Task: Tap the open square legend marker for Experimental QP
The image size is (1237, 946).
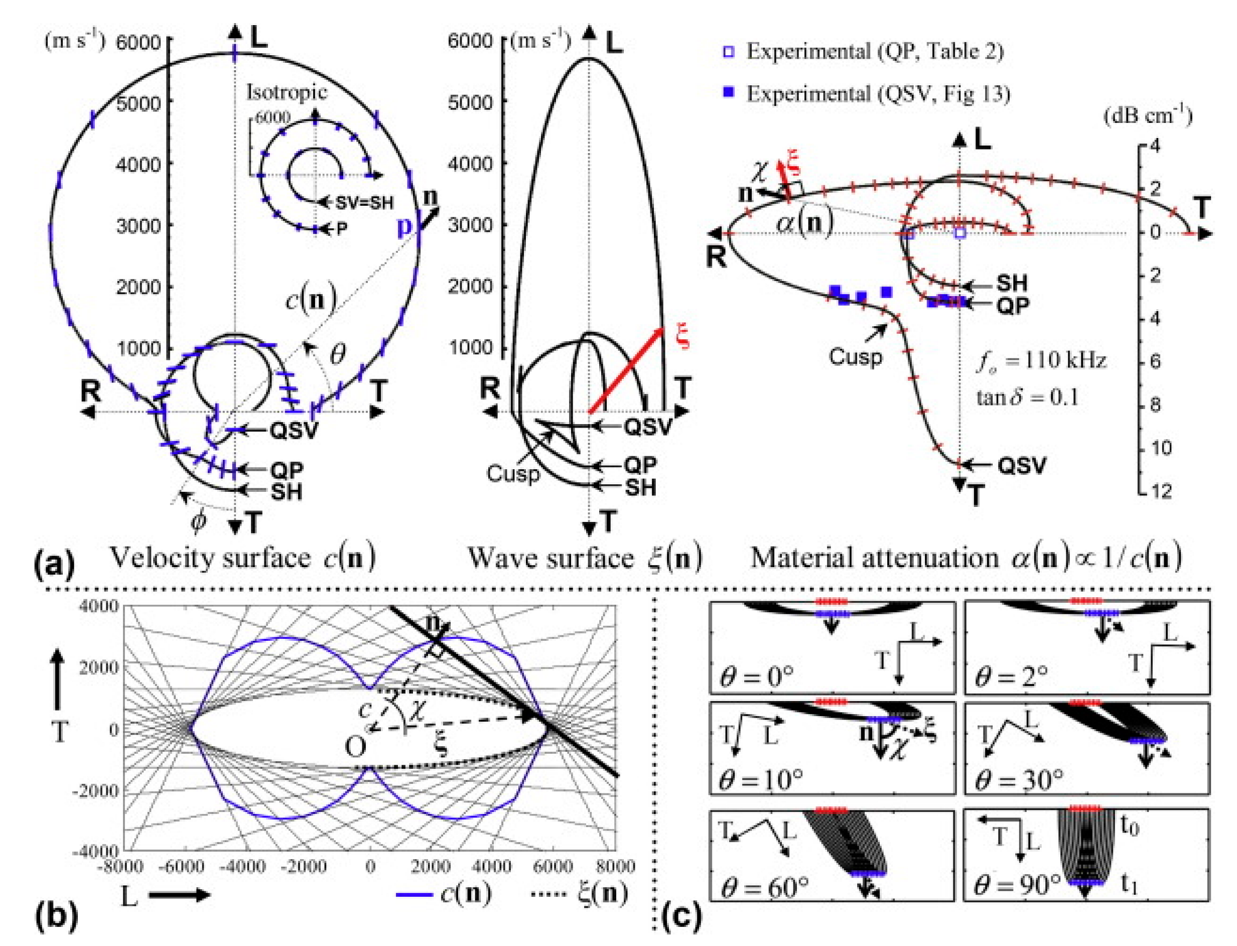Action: click(729, 52)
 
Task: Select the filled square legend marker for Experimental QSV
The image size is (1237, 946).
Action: click(729, 93)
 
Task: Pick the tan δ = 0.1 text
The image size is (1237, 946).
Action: click(1027, 397)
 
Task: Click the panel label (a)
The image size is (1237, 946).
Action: click(54, 564)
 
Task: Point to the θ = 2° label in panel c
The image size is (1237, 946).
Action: click(1012, 675)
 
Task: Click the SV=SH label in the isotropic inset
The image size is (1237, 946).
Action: click(364, 203)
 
